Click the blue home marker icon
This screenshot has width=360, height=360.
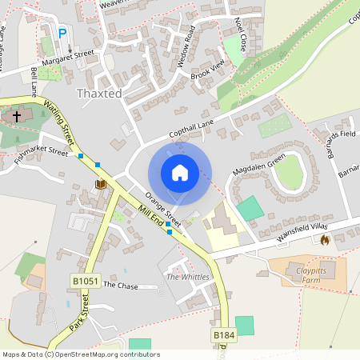coord(180,173)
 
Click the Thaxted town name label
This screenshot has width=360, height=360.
coord(98,94)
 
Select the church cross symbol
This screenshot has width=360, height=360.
coord(16,117)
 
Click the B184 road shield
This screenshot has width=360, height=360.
coord(223,334)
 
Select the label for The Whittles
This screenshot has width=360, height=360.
coord(187,277)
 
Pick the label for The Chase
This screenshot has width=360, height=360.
coord(121,285)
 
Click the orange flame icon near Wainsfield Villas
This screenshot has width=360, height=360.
coord(325,239)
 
